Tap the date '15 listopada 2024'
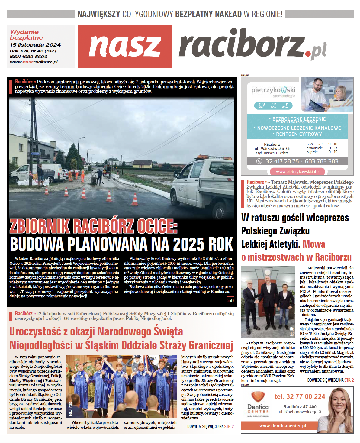[35, 45]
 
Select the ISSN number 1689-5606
[29, 57]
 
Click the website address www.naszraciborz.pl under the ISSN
[34, 62]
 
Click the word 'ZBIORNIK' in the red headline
[40, 227]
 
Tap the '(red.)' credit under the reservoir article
[230, 300]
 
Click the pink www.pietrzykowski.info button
[297, 171]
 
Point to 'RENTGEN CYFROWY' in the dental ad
[299, 134]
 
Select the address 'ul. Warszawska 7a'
[272, 148]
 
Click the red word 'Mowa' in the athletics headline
[314, 244]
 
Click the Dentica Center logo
[258, 403]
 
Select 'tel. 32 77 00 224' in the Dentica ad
[300, 396]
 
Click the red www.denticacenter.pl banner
[283, 426]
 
